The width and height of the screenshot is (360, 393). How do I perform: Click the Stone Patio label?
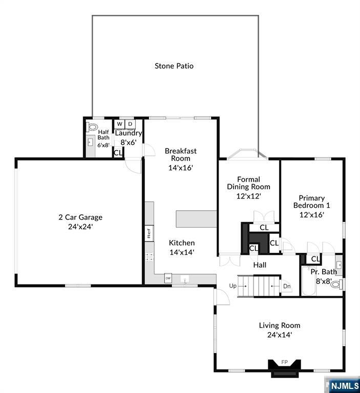click(x=174, y=65)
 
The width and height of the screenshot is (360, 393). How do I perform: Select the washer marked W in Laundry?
click(x=120, y=124)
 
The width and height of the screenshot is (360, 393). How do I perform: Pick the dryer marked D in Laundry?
click(x=130, y=124)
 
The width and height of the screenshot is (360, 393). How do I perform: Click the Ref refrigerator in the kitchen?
click(x=149, y=233)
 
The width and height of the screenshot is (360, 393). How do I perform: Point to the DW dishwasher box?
click(x=167, y=278)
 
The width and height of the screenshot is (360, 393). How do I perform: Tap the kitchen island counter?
click(x=196, y=219)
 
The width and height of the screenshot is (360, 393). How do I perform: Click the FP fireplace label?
click(x=285, y=362)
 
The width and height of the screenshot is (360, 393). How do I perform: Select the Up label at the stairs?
click(x=233, y=286)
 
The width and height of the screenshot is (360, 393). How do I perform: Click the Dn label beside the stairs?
click(x=287, y=286)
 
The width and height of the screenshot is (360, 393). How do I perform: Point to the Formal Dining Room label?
click(x=248, y=183)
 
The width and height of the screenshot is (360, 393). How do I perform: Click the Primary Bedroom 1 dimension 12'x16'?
click(x=311, y=214)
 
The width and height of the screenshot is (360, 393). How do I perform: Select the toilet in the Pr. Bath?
click(x=336, y=284)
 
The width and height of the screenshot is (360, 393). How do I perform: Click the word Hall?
click(x=260, y=265)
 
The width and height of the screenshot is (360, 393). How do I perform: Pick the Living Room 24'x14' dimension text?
click(x=279, y=335)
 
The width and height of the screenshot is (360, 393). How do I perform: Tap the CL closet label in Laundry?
click(x=118, y=152)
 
